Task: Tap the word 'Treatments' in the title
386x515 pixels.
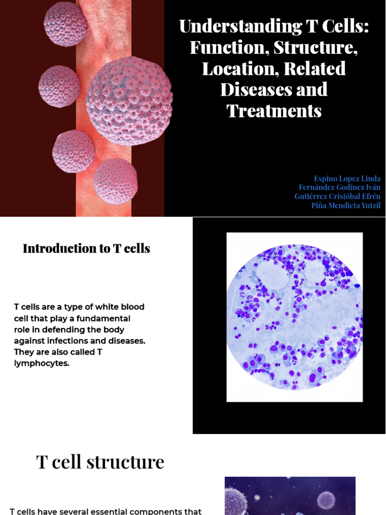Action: (274, 111)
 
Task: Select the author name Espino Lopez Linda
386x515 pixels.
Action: (347, 179)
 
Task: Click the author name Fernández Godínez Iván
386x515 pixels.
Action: (339, 188)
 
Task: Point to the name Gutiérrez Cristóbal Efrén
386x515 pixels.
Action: (337, 197)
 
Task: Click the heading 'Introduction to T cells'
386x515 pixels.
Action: (86, 248)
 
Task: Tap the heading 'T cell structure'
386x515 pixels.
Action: (100, 462)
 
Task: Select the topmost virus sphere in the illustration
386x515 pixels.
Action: (65, 24)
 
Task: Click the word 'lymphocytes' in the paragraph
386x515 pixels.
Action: (40, 363)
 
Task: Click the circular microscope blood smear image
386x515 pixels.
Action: (295, 317)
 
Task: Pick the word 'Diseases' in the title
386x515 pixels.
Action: (274, 90)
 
